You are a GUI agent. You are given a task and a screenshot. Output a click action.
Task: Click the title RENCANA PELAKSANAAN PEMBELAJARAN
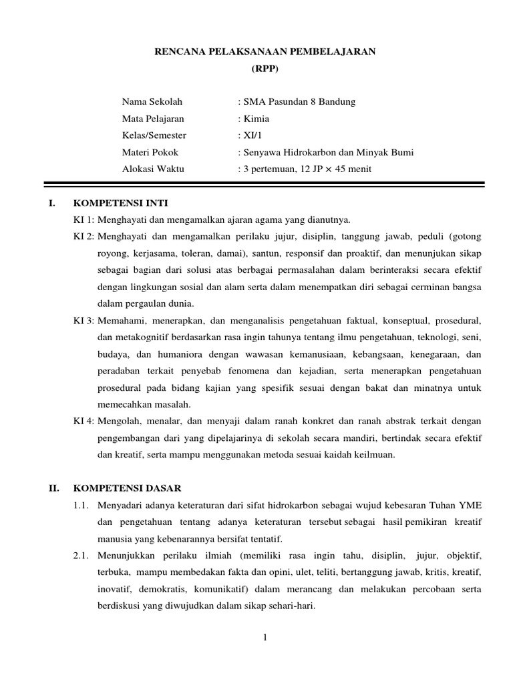pos(266,52)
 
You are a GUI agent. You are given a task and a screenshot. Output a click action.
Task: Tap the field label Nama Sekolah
pos(152,101)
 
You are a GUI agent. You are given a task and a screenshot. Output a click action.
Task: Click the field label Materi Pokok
pos(150,152)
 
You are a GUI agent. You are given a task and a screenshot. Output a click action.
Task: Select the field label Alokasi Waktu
pos(153,169)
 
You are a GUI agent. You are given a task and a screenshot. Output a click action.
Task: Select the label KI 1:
pos(84,219)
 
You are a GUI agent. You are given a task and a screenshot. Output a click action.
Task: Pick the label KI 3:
pos(84,320)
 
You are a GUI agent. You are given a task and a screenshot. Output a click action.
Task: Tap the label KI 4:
pos(84,422)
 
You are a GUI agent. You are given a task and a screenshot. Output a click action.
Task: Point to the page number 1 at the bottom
pos(265,638)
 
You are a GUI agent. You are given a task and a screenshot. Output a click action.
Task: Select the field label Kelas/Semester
pos(154,135)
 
